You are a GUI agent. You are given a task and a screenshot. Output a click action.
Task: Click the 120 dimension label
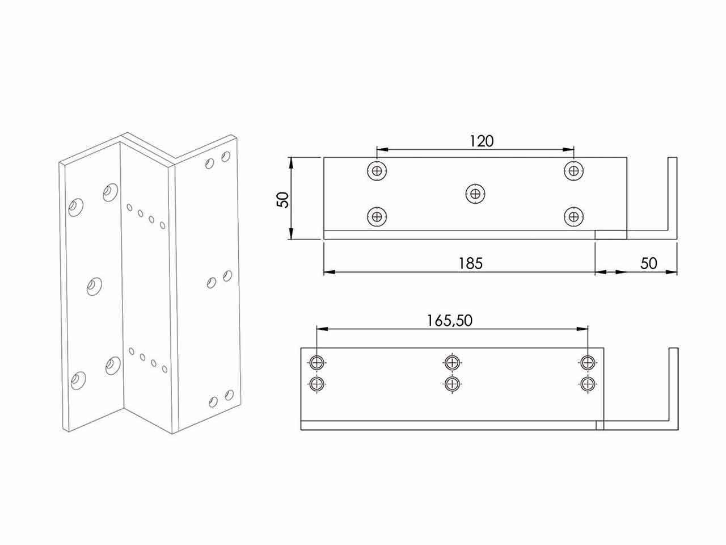coord(482,141)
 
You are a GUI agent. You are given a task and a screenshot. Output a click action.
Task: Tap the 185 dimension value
coord(470,264)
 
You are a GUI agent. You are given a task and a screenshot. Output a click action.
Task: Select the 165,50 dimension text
coord(449,321)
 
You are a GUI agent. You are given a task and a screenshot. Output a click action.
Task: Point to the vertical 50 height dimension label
coord(283,199)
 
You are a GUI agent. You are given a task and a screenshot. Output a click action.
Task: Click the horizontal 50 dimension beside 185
coord(649,264)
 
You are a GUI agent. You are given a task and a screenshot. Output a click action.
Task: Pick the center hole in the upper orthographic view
coord(475,194)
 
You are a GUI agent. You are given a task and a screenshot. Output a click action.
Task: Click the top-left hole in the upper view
coord(377,171)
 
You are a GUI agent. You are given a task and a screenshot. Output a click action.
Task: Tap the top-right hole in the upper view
coord(573,171)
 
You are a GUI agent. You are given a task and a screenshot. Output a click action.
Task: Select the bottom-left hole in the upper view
coord(377,217)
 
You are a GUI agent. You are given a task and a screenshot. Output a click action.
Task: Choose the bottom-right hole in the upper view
coord(573,217)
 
